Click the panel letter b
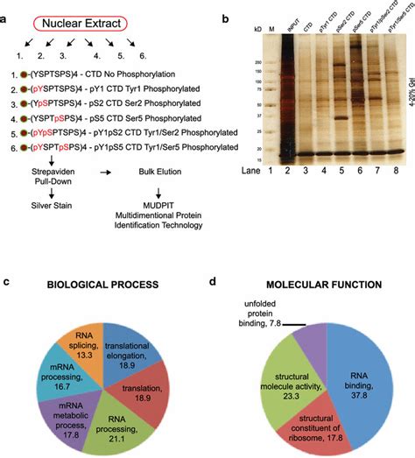(x=227, y=17)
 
